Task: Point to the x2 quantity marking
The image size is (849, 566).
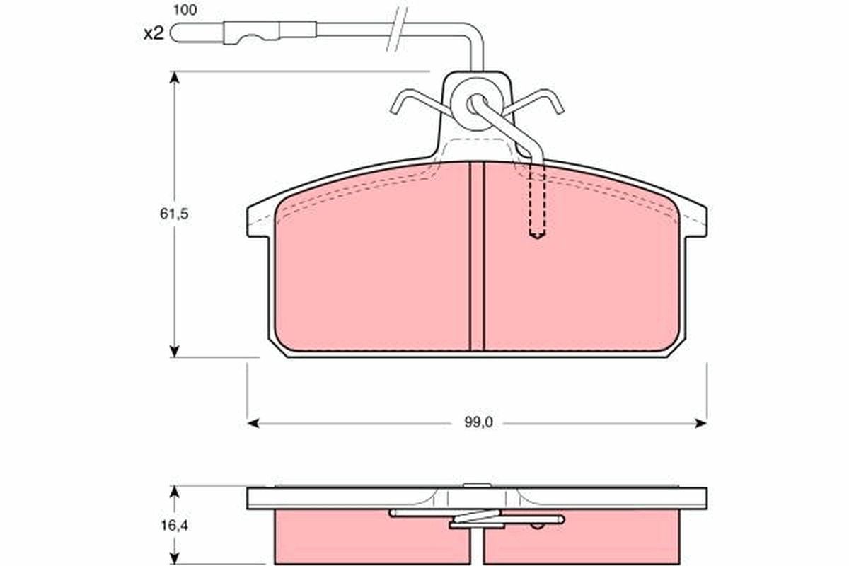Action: coord(154,33)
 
